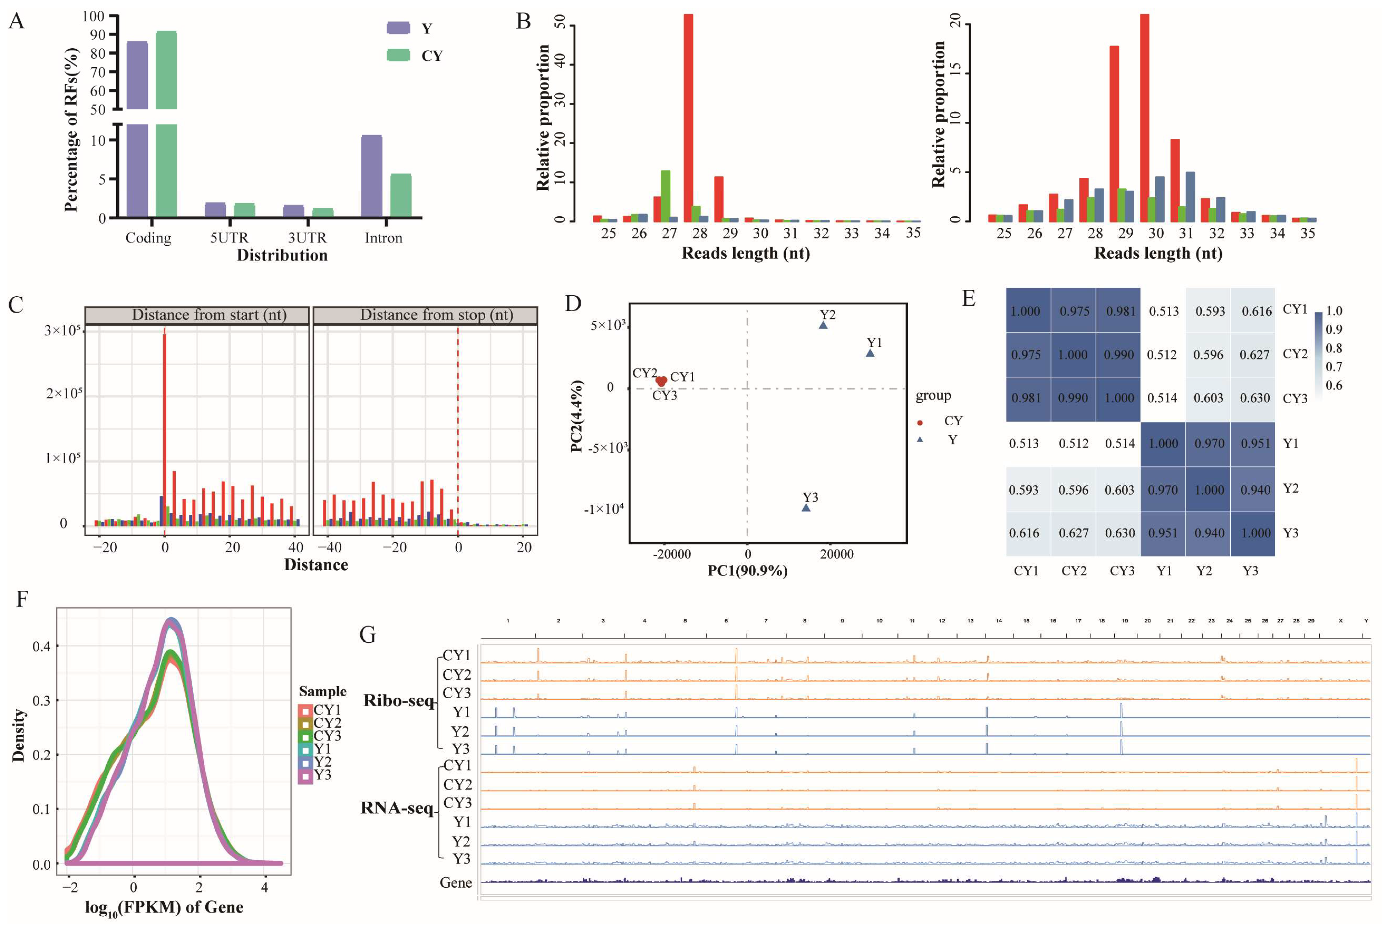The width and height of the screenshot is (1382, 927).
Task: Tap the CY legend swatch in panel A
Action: [398, 55]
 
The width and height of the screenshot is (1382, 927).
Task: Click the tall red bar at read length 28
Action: [688, 118]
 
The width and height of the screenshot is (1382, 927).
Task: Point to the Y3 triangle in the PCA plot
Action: [806, 507]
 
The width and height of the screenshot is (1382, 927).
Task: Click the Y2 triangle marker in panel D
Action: [823, 325]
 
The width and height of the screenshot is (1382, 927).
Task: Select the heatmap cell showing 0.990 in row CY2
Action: [1118, 355]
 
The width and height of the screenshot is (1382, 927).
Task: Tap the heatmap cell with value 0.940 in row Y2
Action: [1253, 490]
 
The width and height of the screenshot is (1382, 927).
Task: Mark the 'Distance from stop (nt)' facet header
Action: [425, 315]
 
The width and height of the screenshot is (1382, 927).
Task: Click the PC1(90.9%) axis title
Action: [747, 571]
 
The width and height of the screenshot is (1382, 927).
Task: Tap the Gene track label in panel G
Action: [456, 883]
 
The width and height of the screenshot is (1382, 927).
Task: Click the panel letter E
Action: [969, 299]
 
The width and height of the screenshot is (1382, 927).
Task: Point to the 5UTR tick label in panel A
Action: [229, 238]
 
